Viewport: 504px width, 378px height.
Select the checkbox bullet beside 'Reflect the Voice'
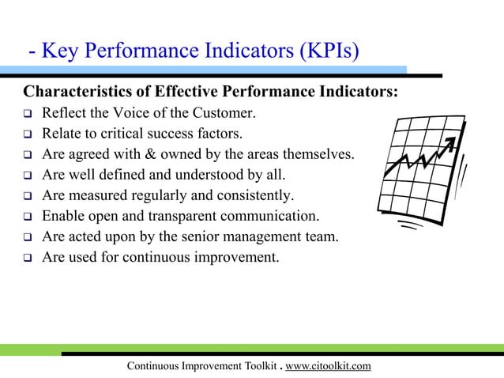(x=26, y=114)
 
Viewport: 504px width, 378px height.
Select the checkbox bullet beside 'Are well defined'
(x=26, y=176)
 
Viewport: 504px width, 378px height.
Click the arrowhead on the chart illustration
(x=451, y=143)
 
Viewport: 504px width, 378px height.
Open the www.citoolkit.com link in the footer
(x=327, y=365)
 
